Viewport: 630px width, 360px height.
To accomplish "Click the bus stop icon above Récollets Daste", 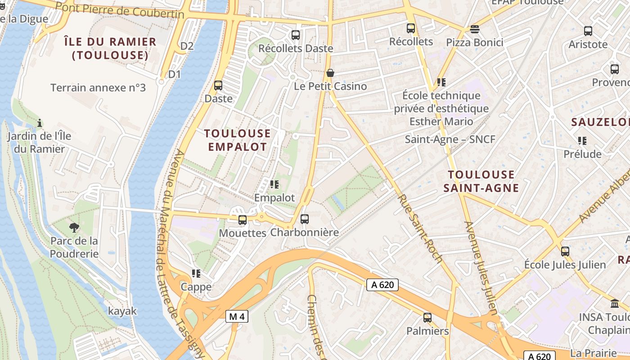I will (x=296, y=35).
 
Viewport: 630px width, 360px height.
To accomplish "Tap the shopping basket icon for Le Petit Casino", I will (x=330, y=73).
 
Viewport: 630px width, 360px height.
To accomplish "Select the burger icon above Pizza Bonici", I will (x=474, y=30).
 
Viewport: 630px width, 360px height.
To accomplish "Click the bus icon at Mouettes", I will (x=243, y=220).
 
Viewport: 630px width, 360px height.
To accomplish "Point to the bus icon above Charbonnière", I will (x=305, y=219).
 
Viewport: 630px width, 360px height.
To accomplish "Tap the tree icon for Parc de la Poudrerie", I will (x=74, y=228).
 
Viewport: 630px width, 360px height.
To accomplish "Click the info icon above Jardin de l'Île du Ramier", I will (x=40, y=123).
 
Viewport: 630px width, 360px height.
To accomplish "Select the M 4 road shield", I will (x=237, y=317).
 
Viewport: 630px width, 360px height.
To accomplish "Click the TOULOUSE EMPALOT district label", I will (x=238, y=140).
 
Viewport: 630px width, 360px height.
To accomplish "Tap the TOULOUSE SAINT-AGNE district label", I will (x=481, y=181).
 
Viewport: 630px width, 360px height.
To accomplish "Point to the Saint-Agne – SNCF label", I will (x=450, y=139).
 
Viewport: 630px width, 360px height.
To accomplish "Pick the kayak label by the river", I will (x=122, y=311).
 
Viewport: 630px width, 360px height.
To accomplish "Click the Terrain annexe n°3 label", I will (x=98, y=88).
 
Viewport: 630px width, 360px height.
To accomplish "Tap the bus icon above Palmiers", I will (x=427, y=318).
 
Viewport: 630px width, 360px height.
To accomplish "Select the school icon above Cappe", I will (x=196, y=274).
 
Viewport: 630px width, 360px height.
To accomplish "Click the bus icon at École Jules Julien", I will (x=565, y=252).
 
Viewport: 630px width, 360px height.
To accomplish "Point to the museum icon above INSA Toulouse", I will (x=615, y=303).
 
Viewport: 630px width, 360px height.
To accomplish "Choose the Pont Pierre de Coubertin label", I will (x=121, y=10).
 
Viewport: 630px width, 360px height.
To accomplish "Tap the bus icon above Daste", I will (x=218, y=85).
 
